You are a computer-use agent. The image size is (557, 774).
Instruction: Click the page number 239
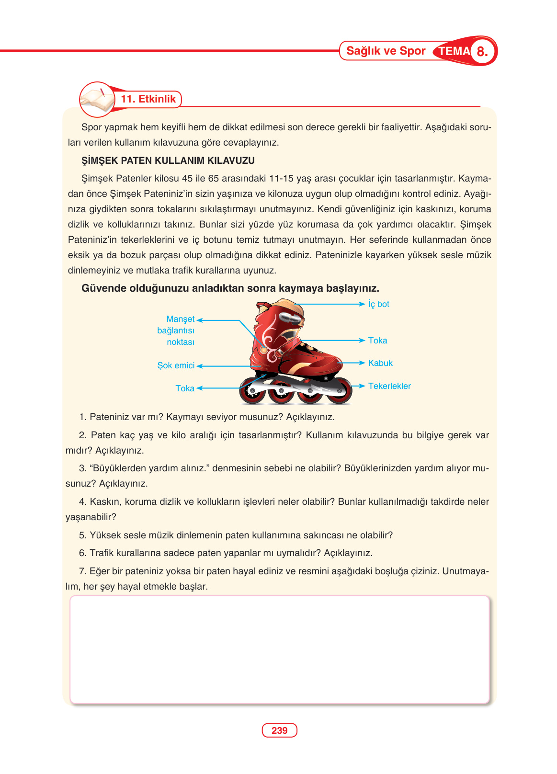[x=279, y=730]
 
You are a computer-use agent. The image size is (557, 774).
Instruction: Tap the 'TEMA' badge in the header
[x=454, y=51]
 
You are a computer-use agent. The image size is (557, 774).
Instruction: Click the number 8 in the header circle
[x=482, y=52]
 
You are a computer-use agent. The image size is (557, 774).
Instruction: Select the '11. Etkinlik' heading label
[x=148, y=99]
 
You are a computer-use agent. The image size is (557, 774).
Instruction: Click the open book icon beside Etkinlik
[x=98, y=100]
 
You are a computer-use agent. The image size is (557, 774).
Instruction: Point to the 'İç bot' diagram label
[x=378, y=304]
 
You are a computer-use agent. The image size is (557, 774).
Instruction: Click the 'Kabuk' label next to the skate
[x=380, y=363]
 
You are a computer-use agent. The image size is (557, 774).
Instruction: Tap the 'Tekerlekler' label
[x=389, y=386]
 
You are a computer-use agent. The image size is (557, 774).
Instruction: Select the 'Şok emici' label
[x=176, y=365]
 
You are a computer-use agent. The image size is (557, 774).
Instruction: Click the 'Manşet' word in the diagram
[x=180, y=319]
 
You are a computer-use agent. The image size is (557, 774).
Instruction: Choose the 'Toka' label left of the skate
[x=185, y=388]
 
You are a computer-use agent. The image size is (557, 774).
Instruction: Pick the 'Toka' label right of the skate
[x=377, y=341]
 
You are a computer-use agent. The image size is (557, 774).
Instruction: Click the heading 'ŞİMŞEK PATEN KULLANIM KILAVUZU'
[x=168, y=160]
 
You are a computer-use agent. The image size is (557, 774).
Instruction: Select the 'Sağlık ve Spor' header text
[x=386, y=51]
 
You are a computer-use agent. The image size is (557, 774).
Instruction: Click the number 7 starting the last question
[x=82, y=571]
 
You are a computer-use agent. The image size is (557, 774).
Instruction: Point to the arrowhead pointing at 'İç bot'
[x=362, y=304]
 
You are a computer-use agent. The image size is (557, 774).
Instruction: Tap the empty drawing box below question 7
[x=279, y=649]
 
